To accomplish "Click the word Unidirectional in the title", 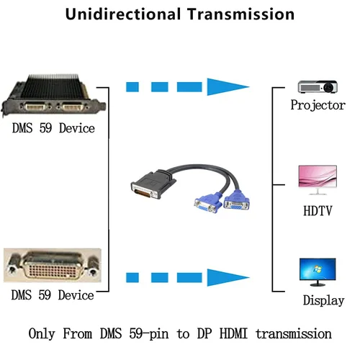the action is (123, 14).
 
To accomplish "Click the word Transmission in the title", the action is (240, 14).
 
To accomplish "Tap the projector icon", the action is (318, 86).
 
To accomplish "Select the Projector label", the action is (318, 105).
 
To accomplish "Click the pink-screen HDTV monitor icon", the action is (318, 180).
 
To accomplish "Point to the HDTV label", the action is (318, 211).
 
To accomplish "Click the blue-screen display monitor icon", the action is (318, 272).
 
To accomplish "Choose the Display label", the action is (323, 300).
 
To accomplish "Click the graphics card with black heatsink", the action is (53, 96).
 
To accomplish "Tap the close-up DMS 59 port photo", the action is (53, 265).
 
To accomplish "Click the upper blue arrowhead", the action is (228, 86).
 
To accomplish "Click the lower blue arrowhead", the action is (228, 277).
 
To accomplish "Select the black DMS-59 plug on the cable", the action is (153, 184).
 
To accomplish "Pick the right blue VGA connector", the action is (236, 199).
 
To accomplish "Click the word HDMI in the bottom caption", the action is (233, 333).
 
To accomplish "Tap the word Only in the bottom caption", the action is (42, 334).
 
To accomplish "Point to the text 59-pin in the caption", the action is (149, 334).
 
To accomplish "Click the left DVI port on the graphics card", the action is (35, 106).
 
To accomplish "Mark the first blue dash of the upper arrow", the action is (132, 87).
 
